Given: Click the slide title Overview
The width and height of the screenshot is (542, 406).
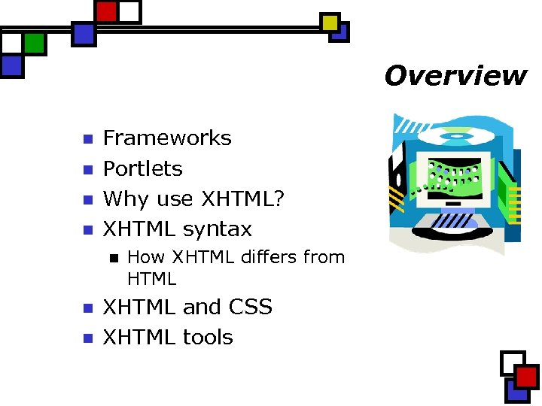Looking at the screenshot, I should click(x=455, y=76).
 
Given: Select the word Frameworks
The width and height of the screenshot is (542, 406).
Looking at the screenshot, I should click(x=167, y=138).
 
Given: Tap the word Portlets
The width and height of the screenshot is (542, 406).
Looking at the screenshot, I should click(x=142, y=168).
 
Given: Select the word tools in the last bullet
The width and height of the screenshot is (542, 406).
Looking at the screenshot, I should click(x=209, y=337).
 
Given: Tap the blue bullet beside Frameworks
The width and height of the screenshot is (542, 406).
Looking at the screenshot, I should click(x=87, y=139).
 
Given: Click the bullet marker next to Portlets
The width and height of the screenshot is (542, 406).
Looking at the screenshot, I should click(x=87, y=169).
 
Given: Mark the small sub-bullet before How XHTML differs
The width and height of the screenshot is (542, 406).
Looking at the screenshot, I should click(x=113, y=258).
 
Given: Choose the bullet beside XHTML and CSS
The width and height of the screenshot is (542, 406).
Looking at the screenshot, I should click(x=87, y=308).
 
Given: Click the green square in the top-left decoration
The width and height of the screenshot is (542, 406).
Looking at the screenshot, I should click(x=34, y=43).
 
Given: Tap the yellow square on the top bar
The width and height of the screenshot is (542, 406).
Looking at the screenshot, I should click(x=330, y=23).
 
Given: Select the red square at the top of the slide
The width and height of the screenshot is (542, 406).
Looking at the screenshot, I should click(x=107, y=11).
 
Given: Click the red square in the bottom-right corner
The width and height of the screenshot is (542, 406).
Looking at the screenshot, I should click(x=527, y=376).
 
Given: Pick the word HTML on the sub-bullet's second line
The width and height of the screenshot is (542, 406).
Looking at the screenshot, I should click(x=151, y=279).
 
